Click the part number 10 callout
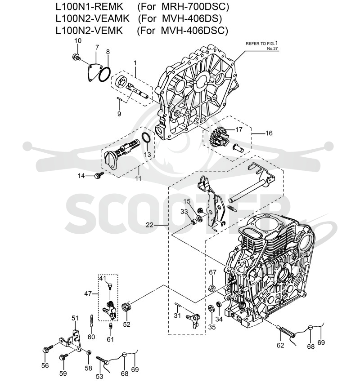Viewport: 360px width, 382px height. (78, 40)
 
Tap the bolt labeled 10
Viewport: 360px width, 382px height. (76, 58)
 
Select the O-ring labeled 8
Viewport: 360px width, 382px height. (105, 74)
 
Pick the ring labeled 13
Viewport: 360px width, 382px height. (146, 138)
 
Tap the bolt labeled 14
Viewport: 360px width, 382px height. (99, 174)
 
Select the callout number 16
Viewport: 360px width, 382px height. (269, 133)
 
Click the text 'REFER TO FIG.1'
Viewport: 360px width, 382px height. (261, 43)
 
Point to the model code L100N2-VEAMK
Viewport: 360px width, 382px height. (92, 18)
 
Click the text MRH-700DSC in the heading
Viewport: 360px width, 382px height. (195, 7)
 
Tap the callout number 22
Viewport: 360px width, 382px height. (149, 224)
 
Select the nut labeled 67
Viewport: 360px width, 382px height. (212, 288)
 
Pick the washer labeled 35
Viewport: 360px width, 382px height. (211, 308)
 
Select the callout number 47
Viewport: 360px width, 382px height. (88, 293)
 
